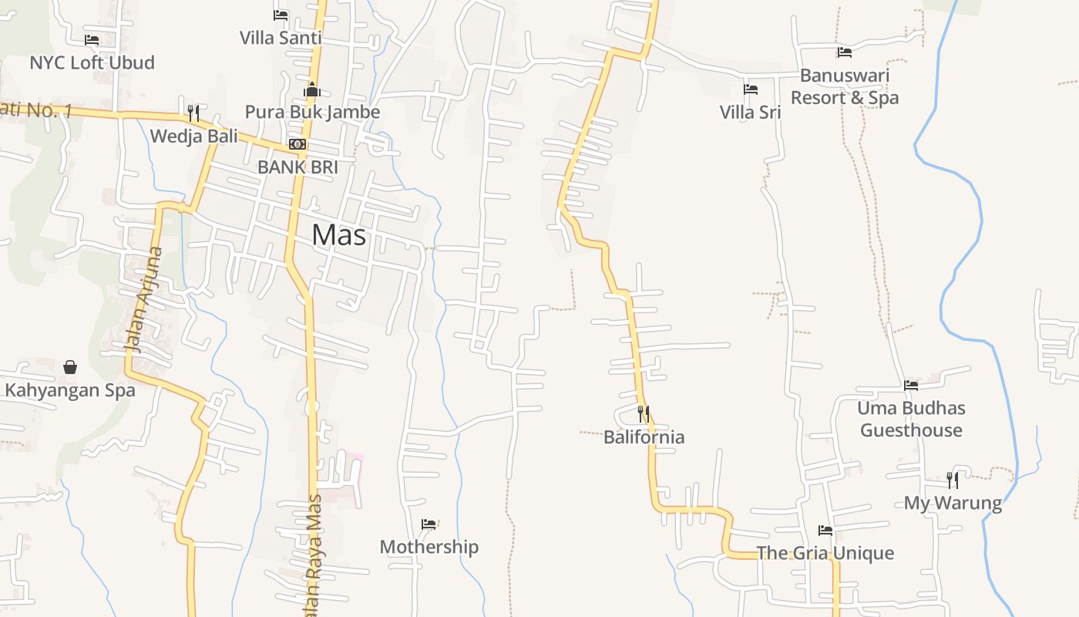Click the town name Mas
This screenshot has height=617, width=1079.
pyautogui.click(x=339, y=235)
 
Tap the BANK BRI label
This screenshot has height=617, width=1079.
pyautogui.click(x=297, y=167)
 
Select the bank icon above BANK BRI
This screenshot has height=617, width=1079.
pyautogui.click(x=297, y=144)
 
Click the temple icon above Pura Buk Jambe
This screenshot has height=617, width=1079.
pyautogui.click(x=311, y=89)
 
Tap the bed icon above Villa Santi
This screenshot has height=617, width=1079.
pyautogui.click(x=281, y=15)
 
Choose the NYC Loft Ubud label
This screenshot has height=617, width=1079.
pyautogui.click(x=92, y=62)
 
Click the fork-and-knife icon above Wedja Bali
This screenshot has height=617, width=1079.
pyautogui.click(x=193, y=113)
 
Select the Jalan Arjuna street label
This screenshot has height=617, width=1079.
pyautogui.click(x=145, y=299)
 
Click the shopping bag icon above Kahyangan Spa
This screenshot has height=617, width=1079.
pyautogui.click(x=70, y=367)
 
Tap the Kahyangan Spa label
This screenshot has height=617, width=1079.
pyautogui.click(x=70, y=390)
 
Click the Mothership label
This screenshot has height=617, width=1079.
pyautogui.click(x=429, y=547)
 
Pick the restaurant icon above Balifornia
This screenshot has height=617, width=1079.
pyautogui.click(x=644, y=414)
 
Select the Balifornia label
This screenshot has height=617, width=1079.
pyautogui.click(x=644, y=437)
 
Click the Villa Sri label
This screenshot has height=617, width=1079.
pyautogui.click(x=750, y=112)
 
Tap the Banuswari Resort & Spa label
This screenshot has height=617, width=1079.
pyautogui.click(x=845, y=86)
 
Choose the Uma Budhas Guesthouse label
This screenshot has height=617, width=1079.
pyautogui.click(x=911, y=419)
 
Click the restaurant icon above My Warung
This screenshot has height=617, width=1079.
pyautogui.click(x=953, y=480)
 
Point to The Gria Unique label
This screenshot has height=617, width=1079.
pyautogui.click(x=825, y=553)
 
